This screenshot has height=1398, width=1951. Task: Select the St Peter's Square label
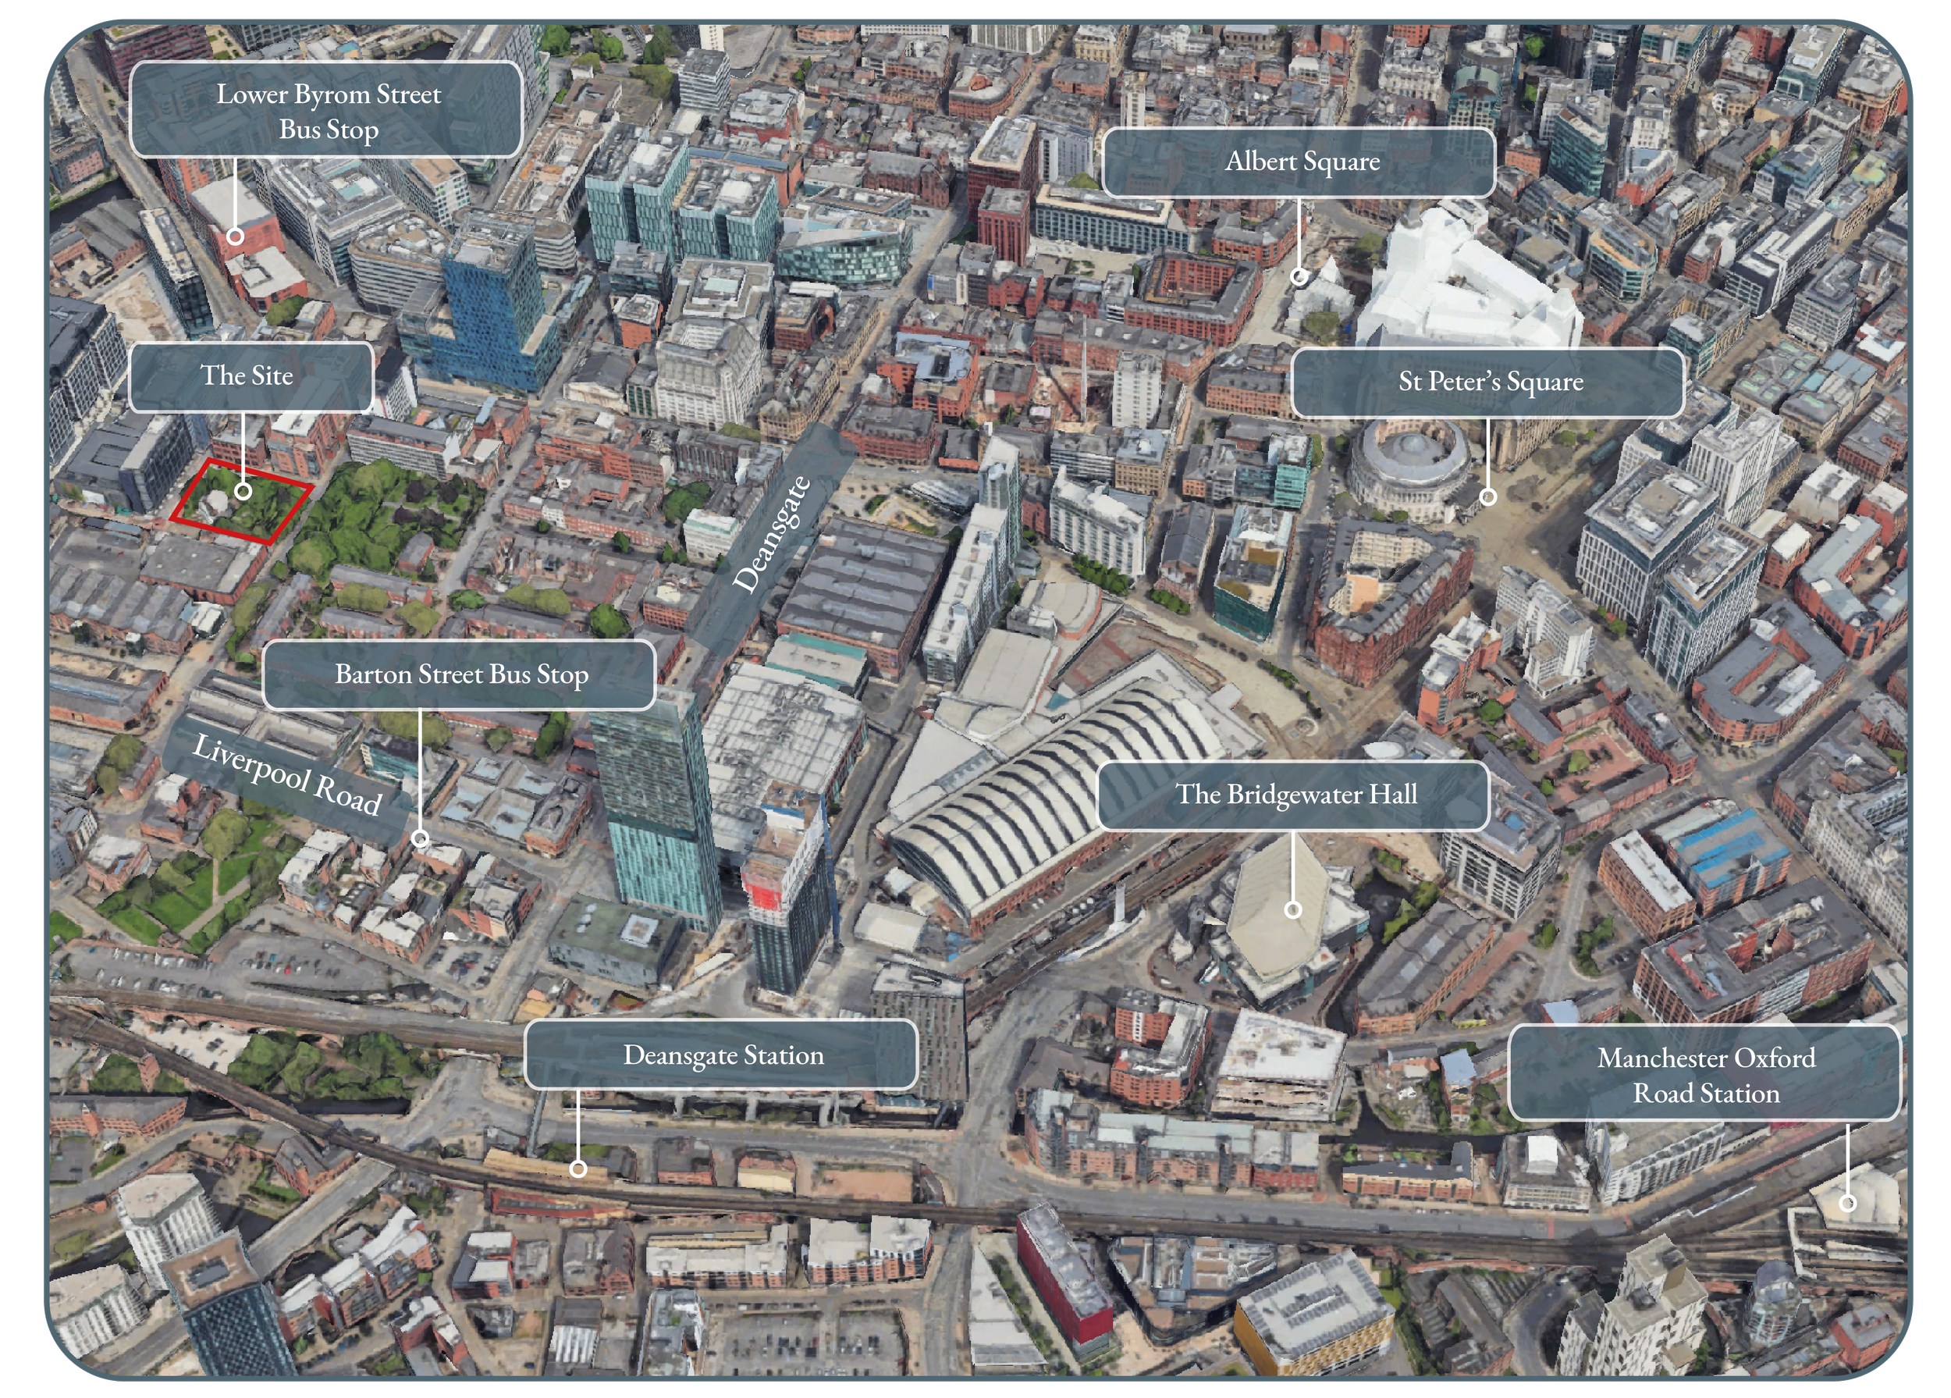pos(1488,382)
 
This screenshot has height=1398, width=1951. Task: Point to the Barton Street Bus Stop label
pos(460,674)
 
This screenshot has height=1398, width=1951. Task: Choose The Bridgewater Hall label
pos(1293,794)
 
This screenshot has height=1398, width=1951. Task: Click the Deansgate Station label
pos(721,1055)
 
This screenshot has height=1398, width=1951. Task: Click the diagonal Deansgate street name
pos(771,533)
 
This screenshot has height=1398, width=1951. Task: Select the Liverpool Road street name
pos(286,774)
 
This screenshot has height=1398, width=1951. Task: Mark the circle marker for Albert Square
pos(1299,276)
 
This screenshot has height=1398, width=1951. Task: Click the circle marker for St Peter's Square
pos(1487,496)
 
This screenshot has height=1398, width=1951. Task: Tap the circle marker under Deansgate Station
pos(578,1169)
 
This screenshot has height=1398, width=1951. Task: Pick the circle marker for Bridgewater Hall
pos(1292,909)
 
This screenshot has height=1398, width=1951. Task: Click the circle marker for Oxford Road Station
pos(1847,1203)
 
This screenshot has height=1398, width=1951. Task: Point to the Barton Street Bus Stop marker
pos(420,838)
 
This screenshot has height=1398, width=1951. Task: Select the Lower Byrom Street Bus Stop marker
pos(235,235)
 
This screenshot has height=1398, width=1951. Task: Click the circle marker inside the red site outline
pos(243,491)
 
